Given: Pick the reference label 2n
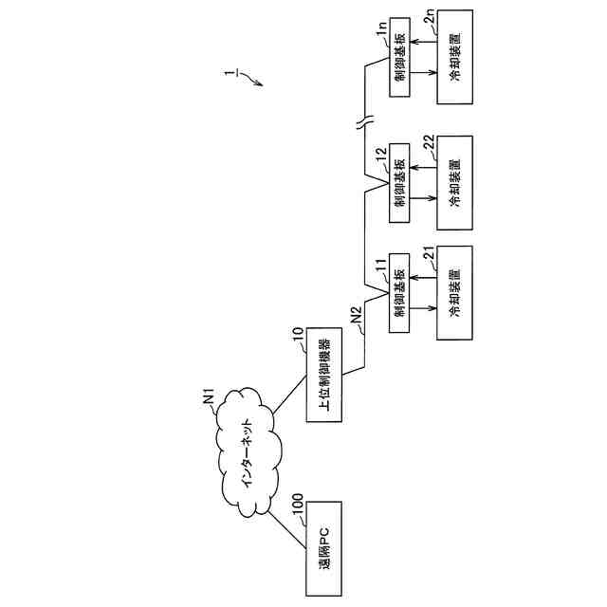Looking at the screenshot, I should tap(429, 20).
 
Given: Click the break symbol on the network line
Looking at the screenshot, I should tap(366, 121).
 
